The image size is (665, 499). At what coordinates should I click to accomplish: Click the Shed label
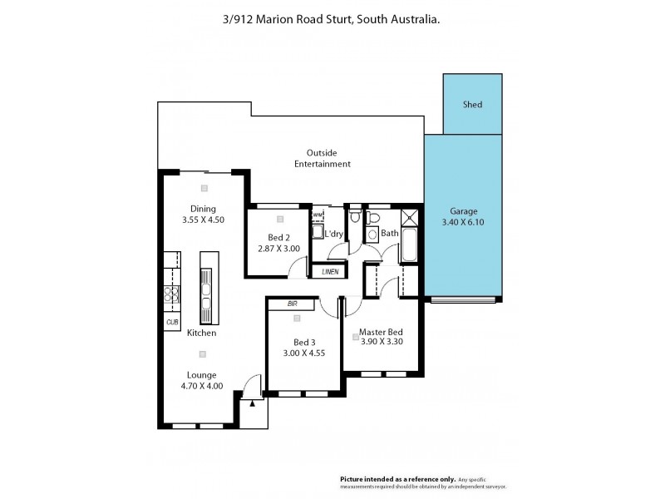pyautogui.click(x=472, y=105)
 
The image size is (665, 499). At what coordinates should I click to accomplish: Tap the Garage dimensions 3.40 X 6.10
pyautogui.click(x=464, y=223)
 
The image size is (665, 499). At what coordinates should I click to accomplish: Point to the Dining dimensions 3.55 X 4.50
pyautogui.click(x=203, y=220)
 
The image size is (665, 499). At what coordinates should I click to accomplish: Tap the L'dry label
pyautogui.click(x=333, y=234)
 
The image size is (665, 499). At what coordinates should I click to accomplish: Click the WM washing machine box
pyautogui.click(x=317, y=215)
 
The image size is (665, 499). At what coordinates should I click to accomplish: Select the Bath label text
pyautogui.click(x=389, y=234)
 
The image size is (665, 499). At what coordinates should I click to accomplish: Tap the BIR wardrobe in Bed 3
pyautogui.click(x=292, y=304)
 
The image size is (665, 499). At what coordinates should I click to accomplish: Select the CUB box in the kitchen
pyautogui.click(x=172, y=322)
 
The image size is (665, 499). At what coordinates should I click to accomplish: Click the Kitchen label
pyautogui.click(x=201, y=333)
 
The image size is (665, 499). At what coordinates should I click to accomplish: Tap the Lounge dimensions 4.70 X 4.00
pyautogui.click(x=201, y=386)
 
